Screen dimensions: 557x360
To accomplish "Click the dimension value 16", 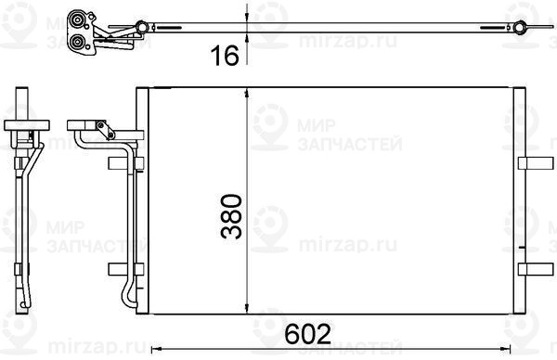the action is (225, 56).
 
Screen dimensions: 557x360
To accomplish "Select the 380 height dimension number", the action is (231, 216).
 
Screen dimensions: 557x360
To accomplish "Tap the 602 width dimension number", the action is (307, 333).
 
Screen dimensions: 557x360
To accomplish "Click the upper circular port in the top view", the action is (77, 19).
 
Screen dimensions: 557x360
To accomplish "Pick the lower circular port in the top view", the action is (77, 43).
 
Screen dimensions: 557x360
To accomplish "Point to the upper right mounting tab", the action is (536, 163).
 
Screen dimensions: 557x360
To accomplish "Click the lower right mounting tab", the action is (536, 269).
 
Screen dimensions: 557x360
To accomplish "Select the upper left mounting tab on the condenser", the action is (125, 163).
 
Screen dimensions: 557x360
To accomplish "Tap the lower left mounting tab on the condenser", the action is (125, 269).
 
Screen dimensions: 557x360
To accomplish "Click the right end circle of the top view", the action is (520, 27).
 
